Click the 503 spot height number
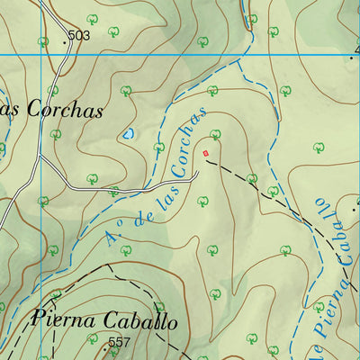79,35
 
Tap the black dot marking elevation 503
65,41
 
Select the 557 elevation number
119,342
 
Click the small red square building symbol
206,153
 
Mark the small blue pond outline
129,134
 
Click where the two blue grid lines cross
40,54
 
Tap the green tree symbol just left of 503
43,40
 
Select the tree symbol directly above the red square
215,134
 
